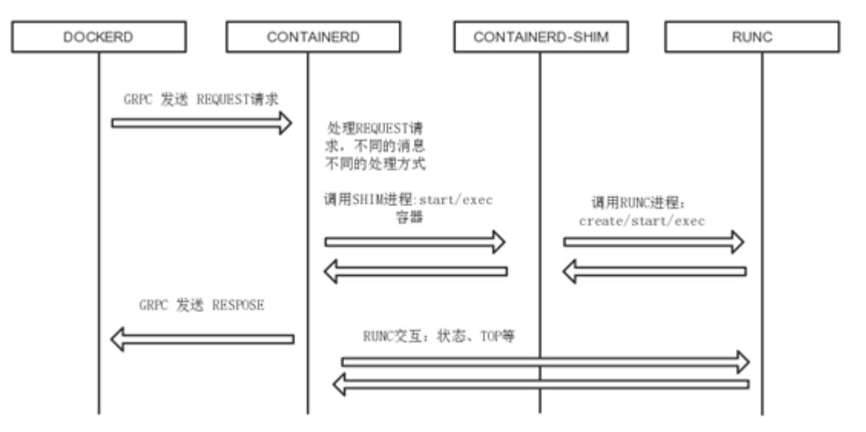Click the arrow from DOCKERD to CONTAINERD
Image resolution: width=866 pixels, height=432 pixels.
[x=202, y=122]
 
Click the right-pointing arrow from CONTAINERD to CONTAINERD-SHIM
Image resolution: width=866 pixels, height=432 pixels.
[x=415, y=242]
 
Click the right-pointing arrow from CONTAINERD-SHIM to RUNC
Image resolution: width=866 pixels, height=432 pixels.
[x=654, y=242]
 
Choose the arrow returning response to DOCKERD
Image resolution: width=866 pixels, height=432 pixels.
[x=202, y=339]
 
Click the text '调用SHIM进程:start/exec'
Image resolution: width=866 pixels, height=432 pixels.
[x=408, y=201]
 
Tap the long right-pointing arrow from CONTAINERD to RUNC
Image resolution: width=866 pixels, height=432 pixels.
[x=544, y=360]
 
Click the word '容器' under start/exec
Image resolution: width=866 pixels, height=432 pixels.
[x=407, y=218]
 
